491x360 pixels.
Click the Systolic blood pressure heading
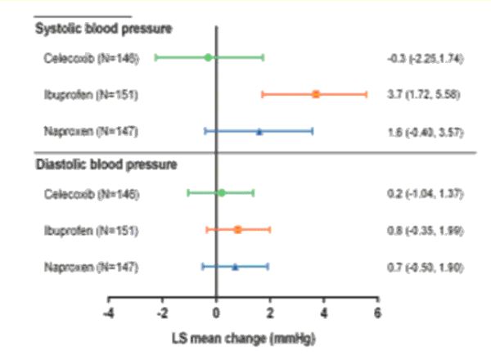(x=103, y=30)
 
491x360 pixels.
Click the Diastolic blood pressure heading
(x=106, y=164)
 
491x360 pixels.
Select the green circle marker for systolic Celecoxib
(x=208, y=57)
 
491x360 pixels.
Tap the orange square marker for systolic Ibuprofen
(x=316, y=94)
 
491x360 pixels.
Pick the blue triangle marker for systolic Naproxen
(x=259, y=131)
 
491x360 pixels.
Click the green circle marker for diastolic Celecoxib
(x=221, y=193)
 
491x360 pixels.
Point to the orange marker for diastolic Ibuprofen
(x=237, y=229)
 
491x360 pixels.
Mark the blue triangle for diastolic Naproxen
(x=235, y=267)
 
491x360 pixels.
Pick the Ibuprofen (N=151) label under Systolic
(x=91, y=95)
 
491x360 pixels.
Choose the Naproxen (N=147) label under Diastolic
(x=91, y=267)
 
